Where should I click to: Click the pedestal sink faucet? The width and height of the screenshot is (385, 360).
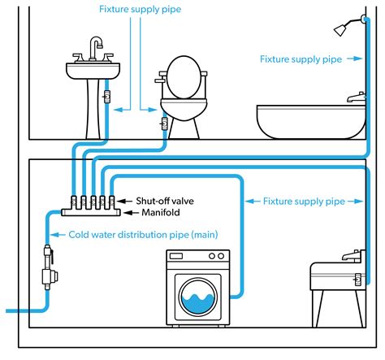click(x=95, y=49)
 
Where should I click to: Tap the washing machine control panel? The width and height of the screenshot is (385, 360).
click(x=197, y=258)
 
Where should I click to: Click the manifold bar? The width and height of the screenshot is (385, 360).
click(x=91, y=212)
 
